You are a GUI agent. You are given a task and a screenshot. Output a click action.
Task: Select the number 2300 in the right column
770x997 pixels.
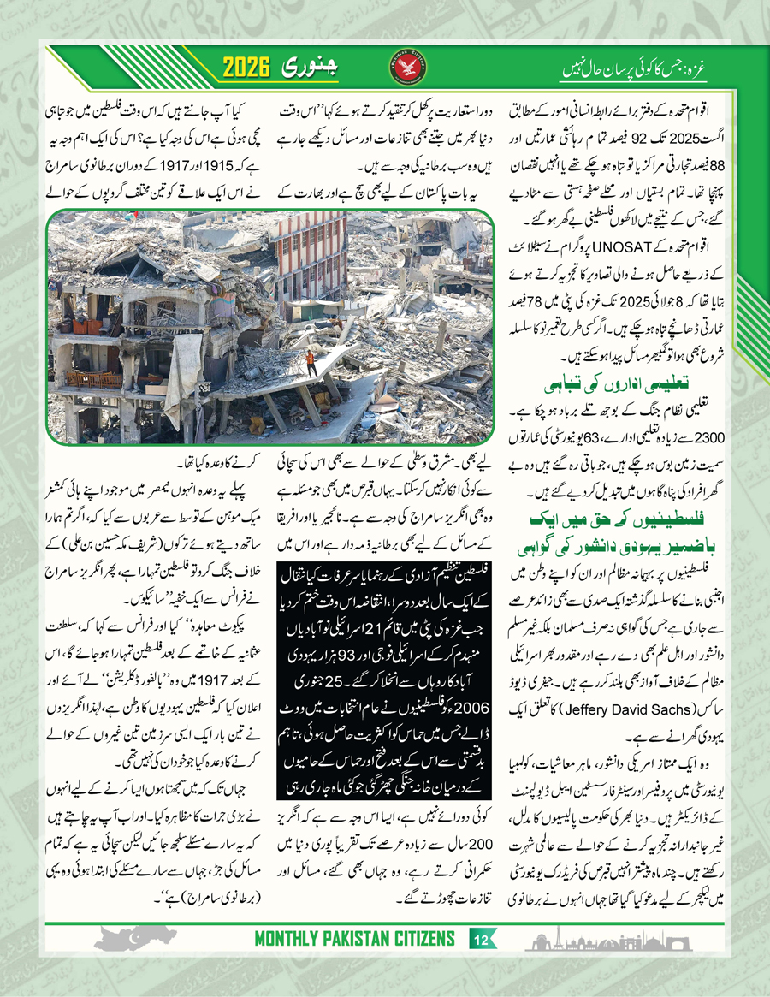click(x=708, y=437)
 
